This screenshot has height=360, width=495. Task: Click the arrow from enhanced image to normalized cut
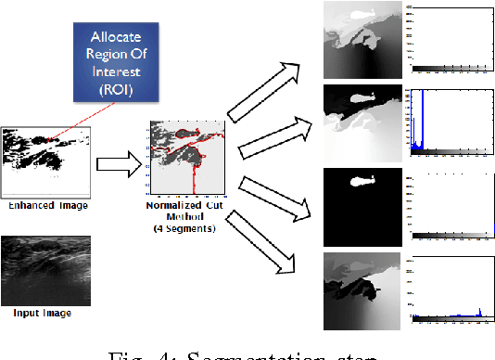tap(120, 164)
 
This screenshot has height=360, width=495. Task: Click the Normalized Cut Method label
tap(183, 213)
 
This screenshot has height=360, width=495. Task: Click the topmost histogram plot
tap(447, 38)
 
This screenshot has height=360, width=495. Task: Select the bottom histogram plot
tap(447, 288)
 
